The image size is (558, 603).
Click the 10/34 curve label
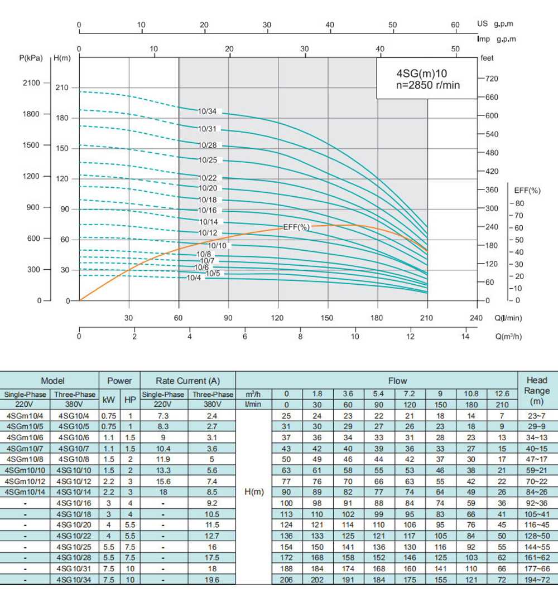point(206,111)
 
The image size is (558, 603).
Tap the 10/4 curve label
point(194,278)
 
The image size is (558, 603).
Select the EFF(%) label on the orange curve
point(296,227)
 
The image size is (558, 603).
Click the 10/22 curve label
point(206,178)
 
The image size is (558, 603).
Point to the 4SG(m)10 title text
point(421,73)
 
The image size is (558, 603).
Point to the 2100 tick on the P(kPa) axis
point(31,83)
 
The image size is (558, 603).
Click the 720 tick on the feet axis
point(492,79)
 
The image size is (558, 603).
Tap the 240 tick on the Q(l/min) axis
point(477,318)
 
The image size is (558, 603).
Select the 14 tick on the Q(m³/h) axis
point(466,337)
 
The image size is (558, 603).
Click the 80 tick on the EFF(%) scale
point(519,203)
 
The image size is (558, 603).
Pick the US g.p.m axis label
point(495,25)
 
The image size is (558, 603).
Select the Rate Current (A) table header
point(188,381)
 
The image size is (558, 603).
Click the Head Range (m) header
point(537,390)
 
